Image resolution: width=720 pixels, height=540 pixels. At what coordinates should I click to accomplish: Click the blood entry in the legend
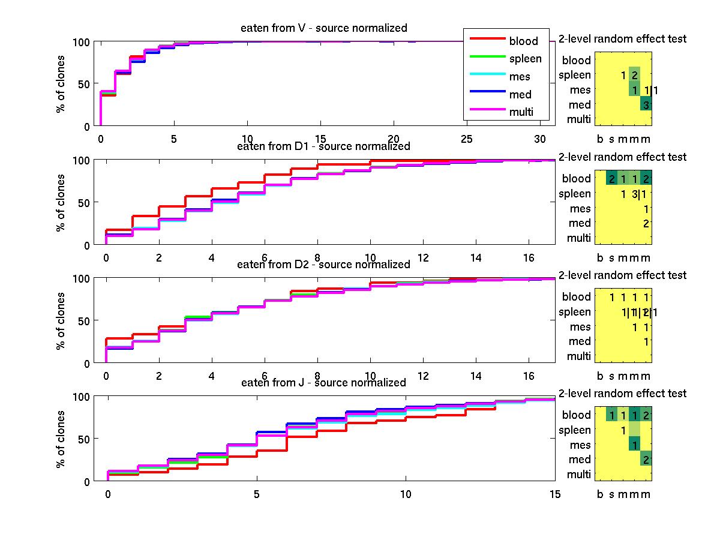point(524,41)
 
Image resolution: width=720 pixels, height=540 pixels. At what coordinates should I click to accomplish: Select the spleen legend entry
point(525,59)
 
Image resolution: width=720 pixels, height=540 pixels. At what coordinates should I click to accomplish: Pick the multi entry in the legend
point(521,112)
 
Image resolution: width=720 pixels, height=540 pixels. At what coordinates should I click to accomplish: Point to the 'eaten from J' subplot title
point(323,383)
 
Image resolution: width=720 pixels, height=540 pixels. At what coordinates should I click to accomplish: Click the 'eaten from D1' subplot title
point(323,146)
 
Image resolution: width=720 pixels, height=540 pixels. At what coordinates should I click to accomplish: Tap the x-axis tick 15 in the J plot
point(555,494)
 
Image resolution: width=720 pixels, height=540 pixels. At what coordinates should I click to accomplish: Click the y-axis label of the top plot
point(61,84)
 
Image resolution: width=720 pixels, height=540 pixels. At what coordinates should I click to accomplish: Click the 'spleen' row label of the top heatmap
point(574,76)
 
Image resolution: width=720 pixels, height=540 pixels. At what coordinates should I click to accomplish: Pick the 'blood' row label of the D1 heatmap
point(576,179)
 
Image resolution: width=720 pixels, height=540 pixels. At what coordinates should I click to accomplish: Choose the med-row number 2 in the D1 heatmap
point(646,223)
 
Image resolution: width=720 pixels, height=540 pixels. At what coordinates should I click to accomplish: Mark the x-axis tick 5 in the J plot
point(257,494)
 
